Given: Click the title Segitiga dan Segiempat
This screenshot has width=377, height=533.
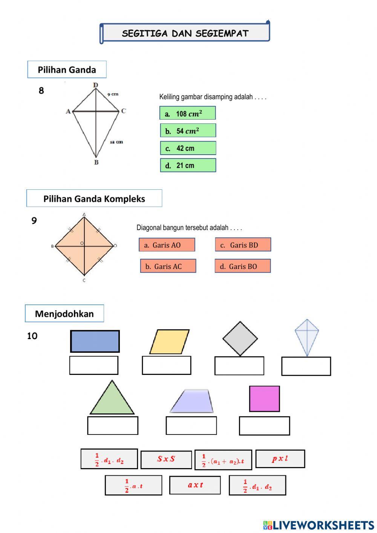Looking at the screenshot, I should point(185,33).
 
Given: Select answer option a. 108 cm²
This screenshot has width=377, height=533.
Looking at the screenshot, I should point(188,113).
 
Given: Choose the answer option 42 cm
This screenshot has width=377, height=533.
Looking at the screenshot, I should point(188,148).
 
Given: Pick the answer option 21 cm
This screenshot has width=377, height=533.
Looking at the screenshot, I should point(188,165).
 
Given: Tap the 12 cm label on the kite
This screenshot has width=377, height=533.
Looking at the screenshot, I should point(116,142).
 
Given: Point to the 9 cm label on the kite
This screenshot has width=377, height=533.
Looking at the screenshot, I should point(113,94).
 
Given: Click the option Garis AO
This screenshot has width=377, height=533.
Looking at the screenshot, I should point(167,245).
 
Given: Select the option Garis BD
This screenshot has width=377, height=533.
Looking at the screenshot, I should point(243,245).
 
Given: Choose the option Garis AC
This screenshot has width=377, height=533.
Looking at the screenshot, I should point(168,266).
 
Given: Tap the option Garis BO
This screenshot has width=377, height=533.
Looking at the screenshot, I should point(243,266).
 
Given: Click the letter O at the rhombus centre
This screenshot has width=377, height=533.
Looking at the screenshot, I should point(82,243).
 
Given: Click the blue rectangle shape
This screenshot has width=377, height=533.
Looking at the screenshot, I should point(95,341).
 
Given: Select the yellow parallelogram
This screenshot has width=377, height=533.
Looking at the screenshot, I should point(169,342).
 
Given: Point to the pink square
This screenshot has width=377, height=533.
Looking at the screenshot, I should point(265,399).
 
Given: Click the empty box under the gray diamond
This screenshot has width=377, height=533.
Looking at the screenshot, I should point(239,366).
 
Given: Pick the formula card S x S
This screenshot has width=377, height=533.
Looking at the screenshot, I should point(166,459).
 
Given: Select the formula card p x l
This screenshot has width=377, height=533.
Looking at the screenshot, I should point(280,459).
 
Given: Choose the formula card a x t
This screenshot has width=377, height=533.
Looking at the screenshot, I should point(195,485).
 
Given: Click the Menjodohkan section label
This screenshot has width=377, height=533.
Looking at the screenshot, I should point(64,313).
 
